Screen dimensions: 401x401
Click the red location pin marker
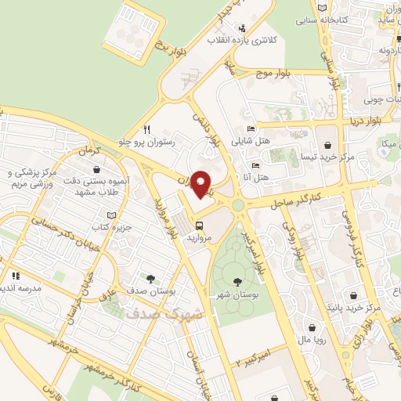tap(202, 184)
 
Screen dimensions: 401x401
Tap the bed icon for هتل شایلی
tap(250, 129)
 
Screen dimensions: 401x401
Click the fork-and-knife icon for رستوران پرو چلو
tap(146, 130)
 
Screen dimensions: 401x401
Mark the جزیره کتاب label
tap(110, 226)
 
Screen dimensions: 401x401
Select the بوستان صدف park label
tap(150, 291)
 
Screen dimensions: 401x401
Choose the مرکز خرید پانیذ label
tap(355, 308)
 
